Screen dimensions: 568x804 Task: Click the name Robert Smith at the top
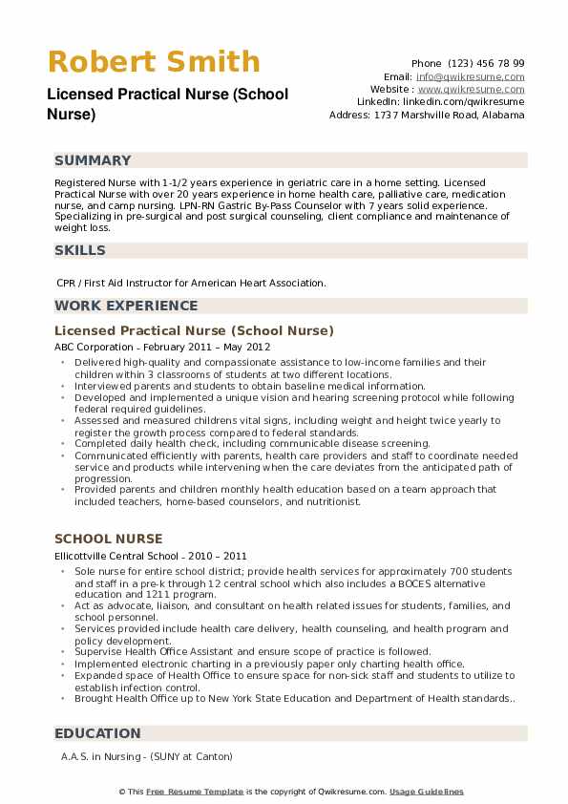click(154, 62)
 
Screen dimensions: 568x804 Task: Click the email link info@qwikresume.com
click(470, 76)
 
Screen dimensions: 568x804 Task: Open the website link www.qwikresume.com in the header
click(471, 89)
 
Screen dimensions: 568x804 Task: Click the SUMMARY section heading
click(93, 160)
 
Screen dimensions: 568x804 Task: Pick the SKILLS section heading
click(80, 250)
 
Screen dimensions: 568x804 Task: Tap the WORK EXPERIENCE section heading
click(126, 306)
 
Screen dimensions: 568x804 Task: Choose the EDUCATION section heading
click(97, 733)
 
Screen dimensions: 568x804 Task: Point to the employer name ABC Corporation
click(95, 348)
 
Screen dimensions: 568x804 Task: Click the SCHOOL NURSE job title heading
click(108, 539)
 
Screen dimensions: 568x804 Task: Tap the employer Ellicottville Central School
click(116, 556)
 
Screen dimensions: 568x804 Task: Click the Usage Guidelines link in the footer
click(427, 792)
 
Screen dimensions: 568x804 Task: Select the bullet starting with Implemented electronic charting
click(269, 664)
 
